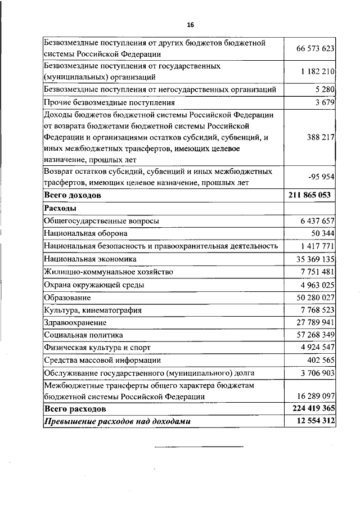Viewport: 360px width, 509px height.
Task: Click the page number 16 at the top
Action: tap(190, 25)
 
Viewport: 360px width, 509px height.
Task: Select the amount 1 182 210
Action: tap(317, 72)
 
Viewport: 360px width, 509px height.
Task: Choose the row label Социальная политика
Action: tap(83, 335)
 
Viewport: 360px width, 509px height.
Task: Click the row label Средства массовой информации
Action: tap(102, 361)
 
